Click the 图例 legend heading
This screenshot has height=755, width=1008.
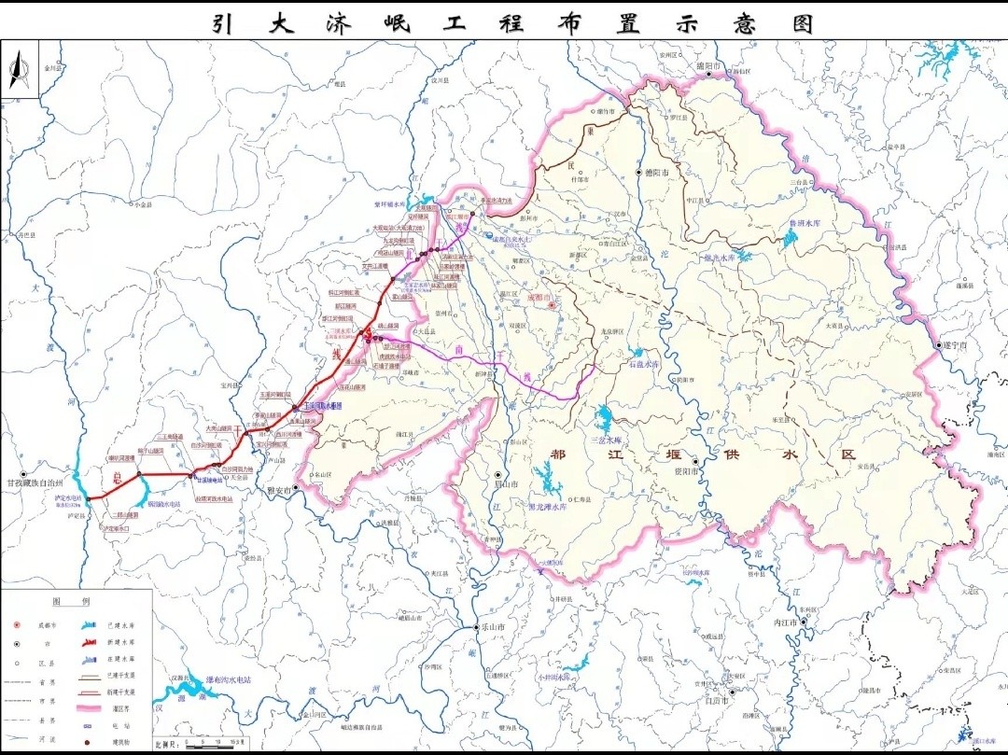[70, 602]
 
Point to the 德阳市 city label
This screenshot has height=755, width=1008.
[659, 173]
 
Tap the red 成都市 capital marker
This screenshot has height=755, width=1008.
[552, 304]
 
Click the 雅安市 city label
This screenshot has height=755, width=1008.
[279, 489]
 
